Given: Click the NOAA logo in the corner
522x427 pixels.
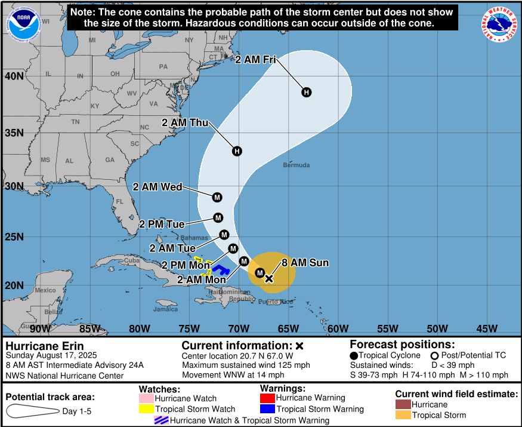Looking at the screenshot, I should (22, 23).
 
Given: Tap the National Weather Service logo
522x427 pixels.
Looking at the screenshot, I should (498, 24).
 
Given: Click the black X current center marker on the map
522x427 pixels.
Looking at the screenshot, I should (268, 278).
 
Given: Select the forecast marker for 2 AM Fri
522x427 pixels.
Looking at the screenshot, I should (306, 92).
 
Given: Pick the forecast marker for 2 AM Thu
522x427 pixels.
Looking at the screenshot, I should (237, 151).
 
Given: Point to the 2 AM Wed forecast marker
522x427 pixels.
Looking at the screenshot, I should (217, 197).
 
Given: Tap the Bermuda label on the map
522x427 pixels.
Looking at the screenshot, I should (296, 165).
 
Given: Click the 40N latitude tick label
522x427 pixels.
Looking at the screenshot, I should (14, 76).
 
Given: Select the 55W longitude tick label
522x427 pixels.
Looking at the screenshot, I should (388, 328).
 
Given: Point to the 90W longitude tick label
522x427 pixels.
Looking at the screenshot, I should (40, 328).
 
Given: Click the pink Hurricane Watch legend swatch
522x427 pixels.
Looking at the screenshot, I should (146, 398).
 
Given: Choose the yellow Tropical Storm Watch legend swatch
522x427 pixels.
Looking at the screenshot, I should (146, 409).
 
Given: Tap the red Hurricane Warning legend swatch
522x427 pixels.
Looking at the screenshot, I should (267, 398).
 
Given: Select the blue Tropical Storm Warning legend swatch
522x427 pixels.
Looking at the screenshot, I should (267, 409).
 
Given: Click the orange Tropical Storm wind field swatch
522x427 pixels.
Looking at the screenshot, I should (403, 415).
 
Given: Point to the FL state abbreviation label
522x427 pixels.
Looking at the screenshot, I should (120, 202).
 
